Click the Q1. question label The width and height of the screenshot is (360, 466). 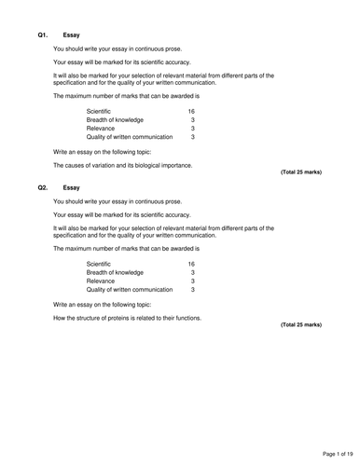pos(43,34)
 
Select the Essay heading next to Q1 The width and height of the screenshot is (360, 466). pos(71,34)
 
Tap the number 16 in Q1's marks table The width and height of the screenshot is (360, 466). pos(191,111)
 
